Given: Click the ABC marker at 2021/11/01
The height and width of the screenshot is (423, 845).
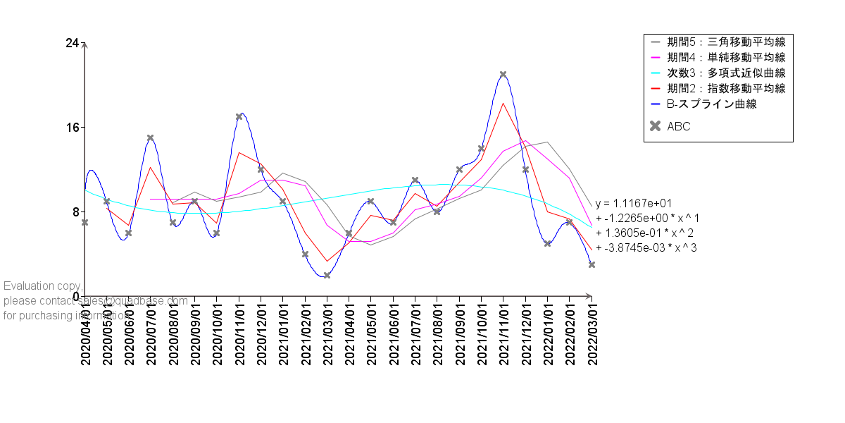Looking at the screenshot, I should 503,74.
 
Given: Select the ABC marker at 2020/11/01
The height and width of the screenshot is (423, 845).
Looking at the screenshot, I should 239,116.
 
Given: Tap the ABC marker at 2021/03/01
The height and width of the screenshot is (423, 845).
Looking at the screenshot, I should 327,275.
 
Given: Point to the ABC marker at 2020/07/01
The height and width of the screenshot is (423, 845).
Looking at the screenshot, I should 151,137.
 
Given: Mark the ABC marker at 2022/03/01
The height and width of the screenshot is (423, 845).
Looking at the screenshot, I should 591,264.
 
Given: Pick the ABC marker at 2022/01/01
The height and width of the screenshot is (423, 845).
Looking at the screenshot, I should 547,243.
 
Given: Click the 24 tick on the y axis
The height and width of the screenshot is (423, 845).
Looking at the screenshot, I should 72,43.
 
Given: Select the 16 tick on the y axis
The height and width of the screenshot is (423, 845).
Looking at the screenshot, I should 72,128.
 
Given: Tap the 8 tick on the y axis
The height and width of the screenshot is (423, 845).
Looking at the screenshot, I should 74,212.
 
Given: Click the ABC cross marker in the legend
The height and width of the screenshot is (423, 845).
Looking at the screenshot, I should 655,126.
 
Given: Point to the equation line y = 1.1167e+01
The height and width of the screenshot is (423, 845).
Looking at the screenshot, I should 633,204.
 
